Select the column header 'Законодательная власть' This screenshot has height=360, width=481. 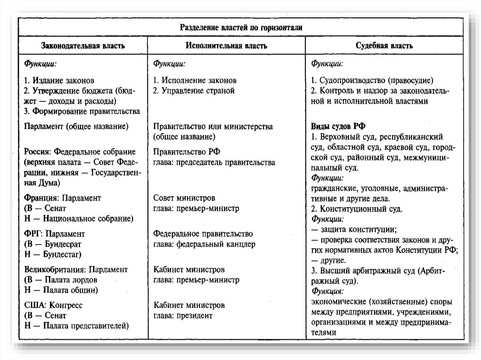83,46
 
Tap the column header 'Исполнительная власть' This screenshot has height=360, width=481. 226,46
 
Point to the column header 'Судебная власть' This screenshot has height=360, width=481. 384,46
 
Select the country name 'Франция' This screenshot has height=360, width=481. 38,198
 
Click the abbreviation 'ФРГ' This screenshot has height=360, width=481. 31,234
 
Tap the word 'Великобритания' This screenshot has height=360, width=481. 50,269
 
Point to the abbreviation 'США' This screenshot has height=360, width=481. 32,305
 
